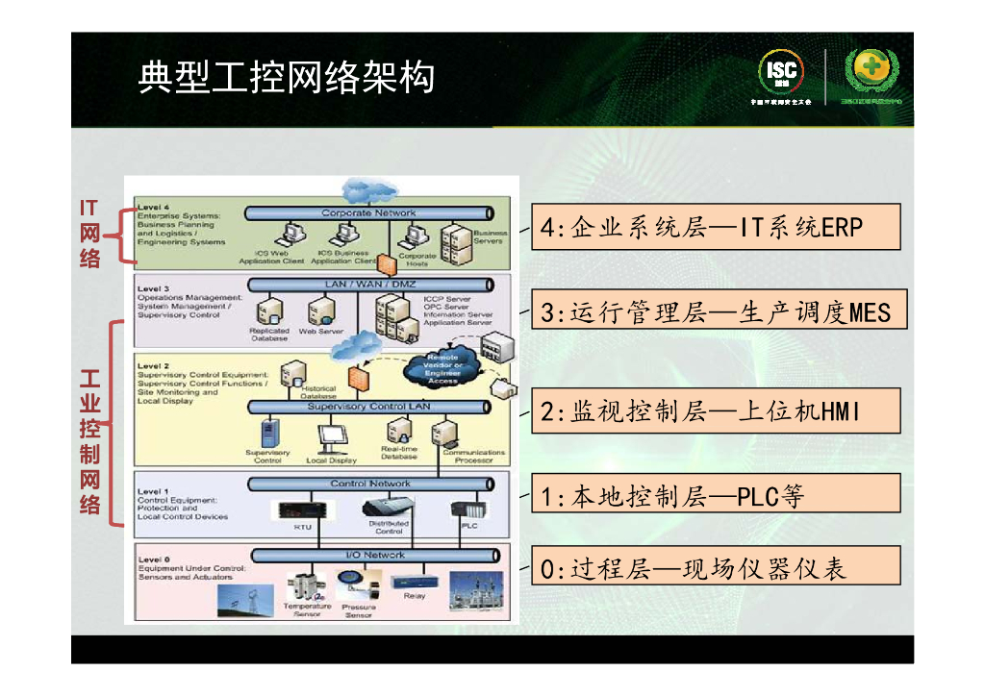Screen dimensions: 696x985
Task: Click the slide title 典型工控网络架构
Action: (286, 78)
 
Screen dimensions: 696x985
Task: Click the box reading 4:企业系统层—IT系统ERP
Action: (716, 227)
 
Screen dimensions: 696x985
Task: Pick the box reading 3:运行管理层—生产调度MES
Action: (716, 311)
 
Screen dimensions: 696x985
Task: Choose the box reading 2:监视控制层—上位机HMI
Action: (716, 412)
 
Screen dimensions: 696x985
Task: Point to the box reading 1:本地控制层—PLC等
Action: (716, 496)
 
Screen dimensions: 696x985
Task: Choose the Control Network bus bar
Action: (369, 484)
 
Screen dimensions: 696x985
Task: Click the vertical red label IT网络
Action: (89, 233)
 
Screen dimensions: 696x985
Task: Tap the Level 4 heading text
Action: (154, 207)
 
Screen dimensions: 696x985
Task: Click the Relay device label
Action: (415, 596)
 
